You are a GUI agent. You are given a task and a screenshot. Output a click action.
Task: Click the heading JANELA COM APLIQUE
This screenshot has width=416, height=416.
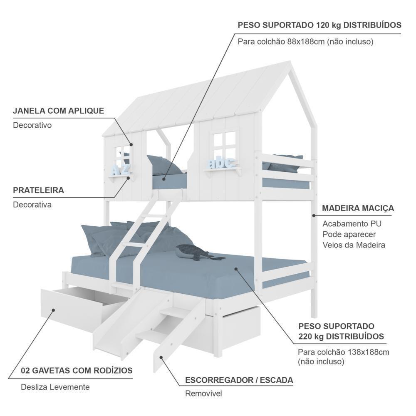click(x=58, y=111)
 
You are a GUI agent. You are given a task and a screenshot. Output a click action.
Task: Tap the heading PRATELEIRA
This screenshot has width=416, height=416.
click(x=38, y=191)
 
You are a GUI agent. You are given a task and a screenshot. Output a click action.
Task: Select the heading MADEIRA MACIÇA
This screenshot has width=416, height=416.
click(x=358, y=208)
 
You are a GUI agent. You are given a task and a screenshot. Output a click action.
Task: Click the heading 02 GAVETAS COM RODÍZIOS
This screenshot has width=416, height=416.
click(x=77, y=370)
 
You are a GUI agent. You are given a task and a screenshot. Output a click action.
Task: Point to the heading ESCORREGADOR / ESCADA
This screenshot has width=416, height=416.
click(x=239, y=380)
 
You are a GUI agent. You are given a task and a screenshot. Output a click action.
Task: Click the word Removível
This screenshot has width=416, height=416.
click(x=203, y=394)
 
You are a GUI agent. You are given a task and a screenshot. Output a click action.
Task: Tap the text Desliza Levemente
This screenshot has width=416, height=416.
click(x=55, y=387)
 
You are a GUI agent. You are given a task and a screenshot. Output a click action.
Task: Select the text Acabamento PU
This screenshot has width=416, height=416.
click(x=352, y=224)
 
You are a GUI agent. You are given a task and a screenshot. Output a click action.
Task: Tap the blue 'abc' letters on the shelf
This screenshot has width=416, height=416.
click(x=223, y=162)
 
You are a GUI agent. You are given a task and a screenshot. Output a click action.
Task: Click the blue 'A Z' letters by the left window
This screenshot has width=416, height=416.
click(x=120, y=169)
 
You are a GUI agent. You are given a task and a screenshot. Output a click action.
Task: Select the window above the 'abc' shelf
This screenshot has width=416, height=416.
click(x=224, y=144)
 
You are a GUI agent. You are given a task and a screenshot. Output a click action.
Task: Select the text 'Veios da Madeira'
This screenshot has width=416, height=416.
click(x=354, y=245)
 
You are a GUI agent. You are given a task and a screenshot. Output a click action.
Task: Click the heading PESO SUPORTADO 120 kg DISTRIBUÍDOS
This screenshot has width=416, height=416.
click(x=319, y=25)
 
